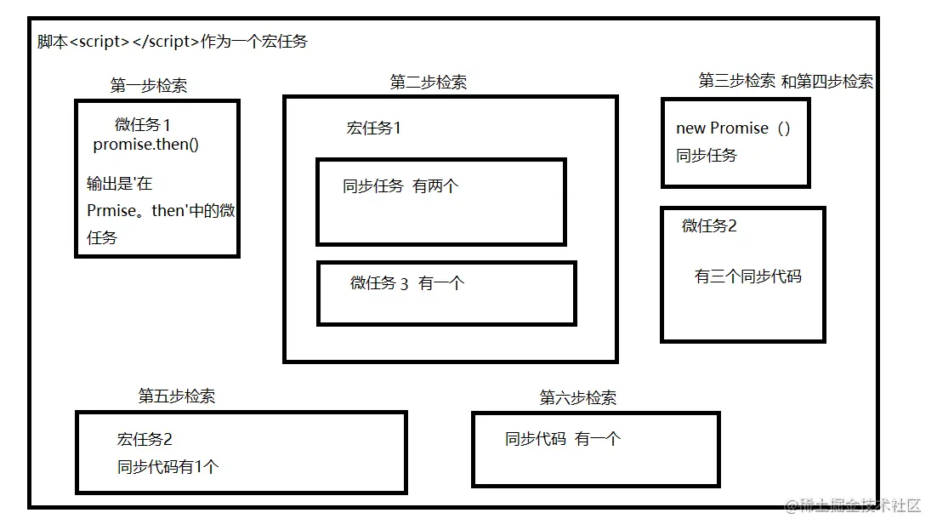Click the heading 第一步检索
tap(149, 85)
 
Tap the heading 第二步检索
tap(429, 82)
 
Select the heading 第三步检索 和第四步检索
tap(786, 81)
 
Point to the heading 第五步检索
tap(177, 396)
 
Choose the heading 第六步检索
tap(578, 397)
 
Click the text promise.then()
tap(146, 144)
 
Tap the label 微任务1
tap(143, 125)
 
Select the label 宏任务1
tap(373, 128)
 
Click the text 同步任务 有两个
tap(400, 186)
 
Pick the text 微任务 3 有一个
tap(407, 283)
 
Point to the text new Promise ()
tap(733, 128)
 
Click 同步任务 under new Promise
tap(707, 156)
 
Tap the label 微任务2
tap(709, 225)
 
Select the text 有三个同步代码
tap(747, 276)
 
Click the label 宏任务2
tap(145, 440)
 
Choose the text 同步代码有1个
tap(168, 466)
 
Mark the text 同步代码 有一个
tap(563, 439)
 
